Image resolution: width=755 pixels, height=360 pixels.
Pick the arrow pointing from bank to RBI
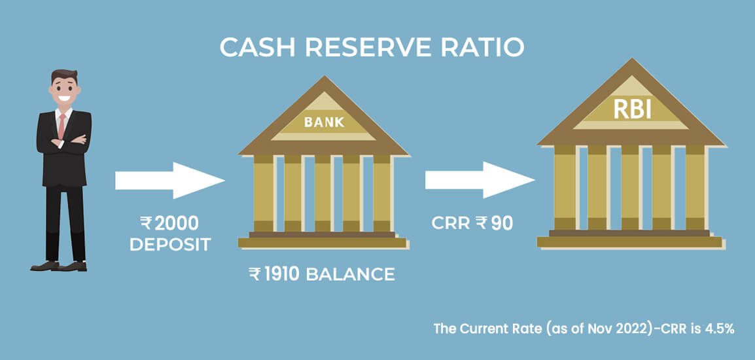479,180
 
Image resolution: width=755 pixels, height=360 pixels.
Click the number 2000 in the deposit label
173,224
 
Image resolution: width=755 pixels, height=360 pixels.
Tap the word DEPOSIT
170,245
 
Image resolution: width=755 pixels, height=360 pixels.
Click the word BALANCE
351,274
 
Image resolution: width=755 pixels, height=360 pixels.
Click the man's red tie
61,124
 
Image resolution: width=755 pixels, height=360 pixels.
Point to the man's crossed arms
63,141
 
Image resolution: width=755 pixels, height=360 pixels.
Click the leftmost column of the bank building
264,194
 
